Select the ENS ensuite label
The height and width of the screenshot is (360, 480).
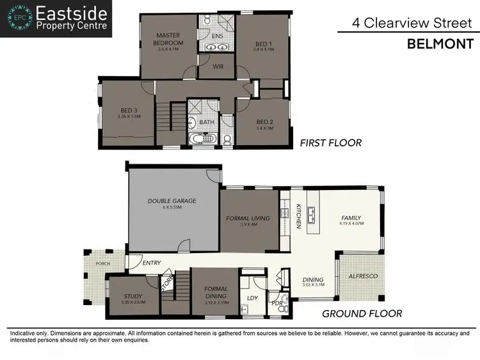[218, 36]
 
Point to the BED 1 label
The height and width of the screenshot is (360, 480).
[263, 43]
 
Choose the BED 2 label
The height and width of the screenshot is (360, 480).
[265, 122]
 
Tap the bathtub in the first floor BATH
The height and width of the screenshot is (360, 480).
[205, 139]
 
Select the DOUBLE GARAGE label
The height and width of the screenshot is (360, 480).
[172, 201]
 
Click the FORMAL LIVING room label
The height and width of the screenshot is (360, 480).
[248, 218]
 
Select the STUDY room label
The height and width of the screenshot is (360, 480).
[133, 295]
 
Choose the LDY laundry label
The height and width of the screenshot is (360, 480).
[252, 297]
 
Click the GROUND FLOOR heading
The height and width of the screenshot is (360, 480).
[362, 313]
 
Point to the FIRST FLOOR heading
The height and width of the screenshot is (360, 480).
[330, 143]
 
